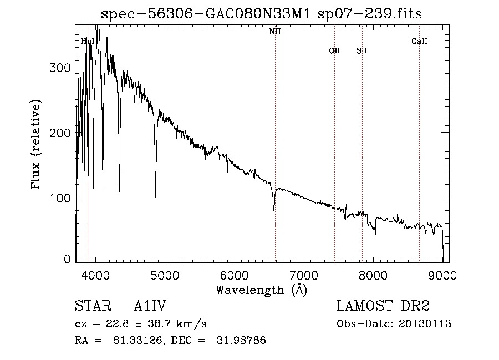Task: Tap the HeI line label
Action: coord(87,41)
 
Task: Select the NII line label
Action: coord(275,32)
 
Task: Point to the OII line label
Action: coord(334,50)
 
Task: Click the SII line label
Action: coord(362,50)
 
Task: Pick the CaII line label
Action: coord(419,41)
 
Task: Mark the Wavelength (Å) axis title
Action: coord(261,290)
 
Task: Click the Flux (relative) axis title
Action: coord(37,145)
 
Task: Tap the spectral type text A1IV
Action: coord(150,306)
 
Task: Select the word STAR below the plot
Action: coord(93,306)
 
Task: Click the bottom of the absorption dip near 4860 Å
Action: coord(155,196)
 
